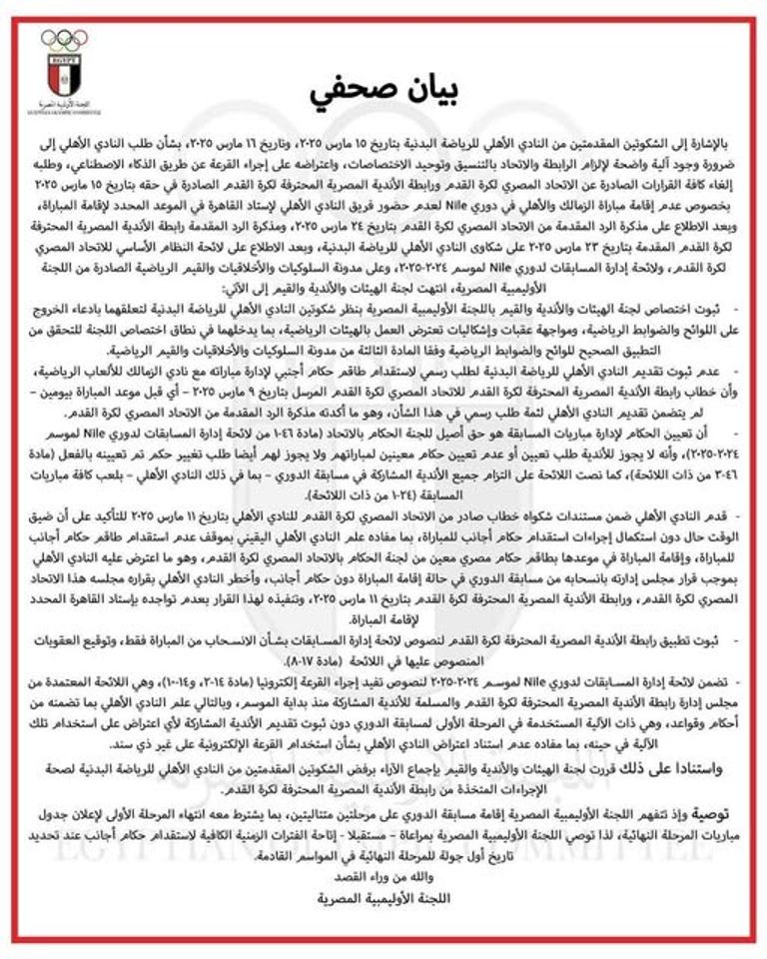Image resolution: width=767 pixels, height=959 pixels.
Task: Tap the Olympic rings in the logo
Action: [64, 40]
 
